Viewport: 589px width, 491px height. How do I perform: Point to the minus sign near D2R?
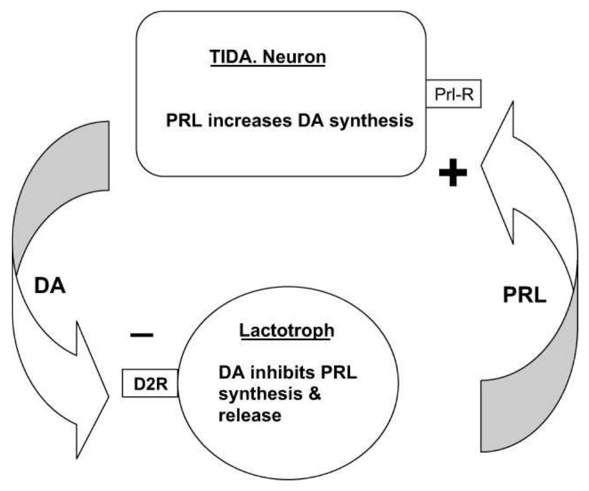(141, 335)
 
